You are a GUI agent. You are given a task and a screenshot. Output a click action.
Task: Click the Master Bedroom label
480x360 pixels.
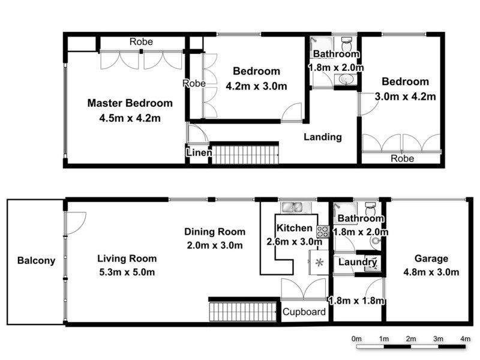click(x=130, y=103)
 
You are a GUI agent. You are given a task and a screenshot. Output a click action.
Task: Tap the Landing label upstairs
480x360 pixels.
click(x=322, y=137)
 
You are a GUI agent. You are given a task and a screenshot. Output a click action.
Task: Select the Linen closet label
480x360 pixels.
click(x=199, y=154)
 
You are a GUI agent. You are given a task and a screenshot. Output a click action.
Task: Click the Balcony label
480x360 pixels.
click(x=36, y=260)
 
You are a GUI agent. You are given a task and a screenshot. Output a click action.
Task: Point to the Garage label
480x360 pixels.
click(x=431, y=259)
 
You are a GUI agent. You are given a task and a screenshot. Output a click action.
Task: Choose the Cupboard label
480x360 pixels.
click(x=304, y=311)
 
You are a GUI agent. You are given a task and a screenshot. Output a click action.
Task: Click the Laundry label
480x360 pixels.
click(x=357, y=262)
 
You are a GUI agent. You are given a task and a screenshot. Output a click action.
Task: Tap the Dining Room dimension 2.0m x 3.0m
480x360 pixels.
click(x=214, y=245)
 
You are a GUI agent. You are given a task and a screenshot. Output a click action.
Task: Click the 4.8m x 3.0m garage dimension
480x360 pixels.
click(x=431, y=272)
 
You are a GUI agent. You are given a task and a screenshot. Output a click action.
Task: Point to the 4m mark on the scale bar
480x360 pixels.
click(x=465, y=339)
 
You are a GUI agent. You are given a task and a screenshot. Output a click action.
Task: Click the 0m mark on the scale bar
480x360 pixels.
click(x=356, y=339)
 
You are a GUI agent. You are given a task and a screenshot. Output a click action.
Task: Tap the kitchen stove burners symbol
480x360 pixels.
click(x=322, y=230)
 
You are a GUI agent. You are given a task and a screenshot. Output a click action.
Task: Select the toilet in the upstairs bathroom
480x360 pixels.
click(x=346, y=44)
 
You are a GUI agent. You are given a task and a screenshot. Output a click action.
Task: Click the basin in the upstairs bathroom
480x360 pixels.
click(x=346, y=80)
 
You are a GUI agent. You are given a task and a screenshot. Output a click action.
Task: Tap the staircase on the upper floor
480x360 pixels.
click(x=246, y=154)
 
